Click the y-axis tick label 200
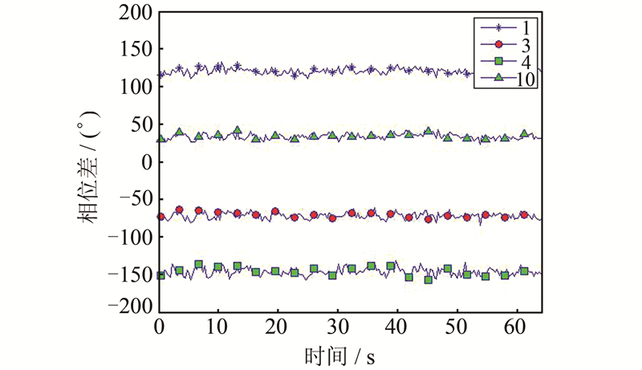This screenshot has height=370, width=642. (x=134, y=12)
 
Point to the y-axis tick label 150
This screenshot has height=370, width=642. (x=134, y=49)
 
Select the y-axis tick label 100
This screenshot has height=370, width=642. (x=134, y=87)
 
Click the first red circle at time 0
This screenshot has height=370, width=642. (x=160, y=216)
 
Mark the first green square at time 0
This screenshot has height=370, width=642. (x=160, y=274)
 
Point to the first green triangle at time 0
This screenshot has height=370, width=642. (x=160, y=138)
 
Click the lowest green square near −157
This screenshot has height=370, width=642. (x=428, y=279)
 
